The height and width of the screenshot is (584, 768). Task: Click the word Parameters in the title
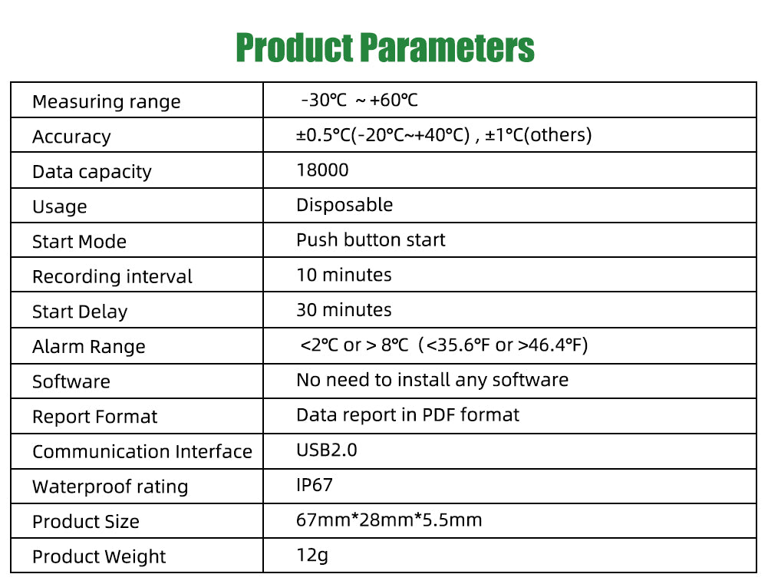447,48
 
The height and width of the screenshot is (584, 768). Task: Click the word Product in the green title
295,48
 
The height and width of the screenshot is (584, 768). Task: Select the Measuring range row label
107,102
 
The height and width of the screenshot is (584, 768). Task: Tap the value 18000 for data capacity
322,170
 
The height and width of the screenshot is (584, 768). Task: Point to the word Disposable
344,205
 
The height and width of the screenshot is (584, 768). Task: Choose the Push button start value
371,240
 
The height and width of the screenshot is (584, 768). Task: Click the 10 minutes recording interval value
344,275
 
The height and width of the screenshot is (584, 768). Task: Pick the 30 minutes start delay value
344,310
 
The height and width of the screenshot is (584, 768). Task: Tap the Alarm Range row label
89,347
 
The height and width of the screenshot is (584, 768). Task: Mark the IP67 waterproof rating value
315,485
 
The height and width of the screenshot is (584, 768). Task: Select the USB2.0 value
327,450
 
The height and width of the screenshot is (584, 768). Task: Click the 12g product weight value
312,556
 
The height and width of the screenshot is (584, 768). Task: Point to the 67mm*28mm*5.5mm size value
389,520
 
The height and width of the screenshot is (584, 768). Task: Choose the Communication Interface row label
142,452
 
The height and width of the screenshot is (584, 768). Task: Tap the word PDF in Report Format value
439,415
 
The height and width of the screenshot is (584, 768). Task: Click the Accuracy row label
71,137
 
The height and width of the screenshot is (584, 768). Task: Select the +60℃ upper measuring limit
394,101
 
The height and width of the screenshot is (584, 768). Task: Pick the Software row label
71,381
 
